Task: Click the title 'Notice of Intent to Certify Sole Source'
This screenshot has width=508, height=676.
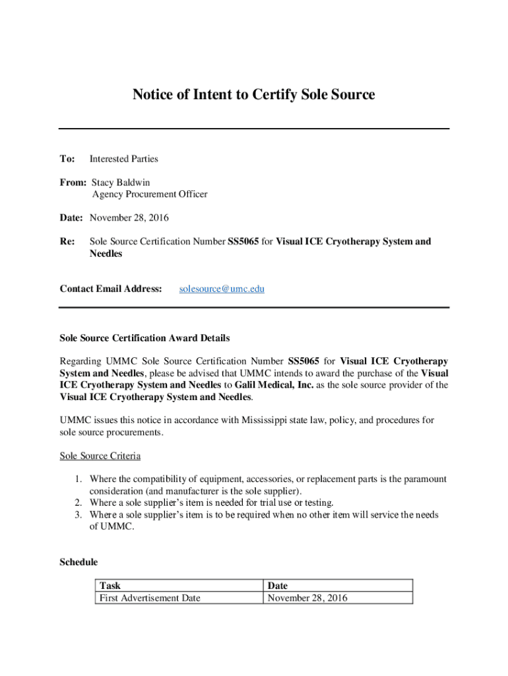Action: [x=253, y=94]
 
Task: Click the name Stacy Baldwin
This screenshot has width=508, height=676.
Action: [x=126, y=182]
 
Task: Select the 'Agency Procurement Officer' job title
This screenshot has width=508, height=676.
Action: [x=149, y=194]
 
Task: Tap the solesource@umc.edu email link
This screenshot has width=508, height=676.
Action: [x=222, y=288]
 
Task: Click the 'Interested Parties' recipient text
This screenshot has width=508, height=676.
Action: [x=123, y=158]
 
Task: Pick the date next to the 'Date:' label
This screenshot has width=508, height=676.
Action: [x=129, y=218]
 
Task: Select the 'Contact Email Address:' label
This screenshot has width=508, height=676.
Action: [x=111, y=288]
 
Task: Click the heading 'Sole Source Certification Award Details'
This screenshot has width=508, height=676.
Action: [x=144, y=338]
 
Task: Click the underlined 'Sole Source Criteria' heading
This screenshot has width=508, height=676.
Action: [x=100, y=456]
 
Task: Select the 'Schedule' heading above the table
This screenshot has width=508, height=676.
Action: [x=79, y=562]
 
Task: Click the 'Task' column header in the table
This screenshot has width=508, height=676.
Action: [x=110, y=586]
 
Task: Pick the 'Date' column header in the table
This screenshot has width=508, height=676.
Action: [x=277, y=586]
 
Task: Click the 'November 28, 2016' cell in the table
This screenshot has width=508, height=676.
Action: [x=307, y=598]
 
